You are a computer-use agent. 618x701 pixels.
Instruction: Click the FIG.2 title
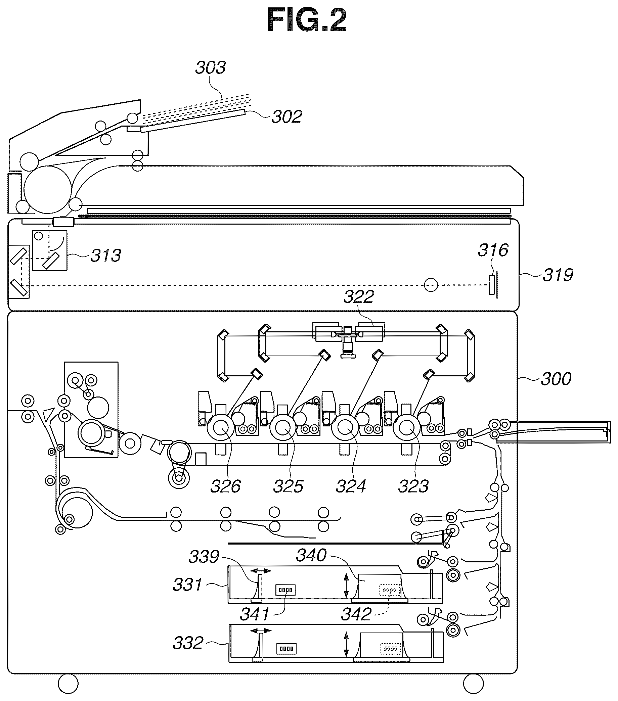(x=307, y=20)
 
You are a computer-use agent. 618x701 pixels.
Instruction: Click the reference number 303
(x=210, y=67)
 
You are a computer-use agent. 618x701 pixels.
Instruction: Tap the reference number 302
(x=287, y=116)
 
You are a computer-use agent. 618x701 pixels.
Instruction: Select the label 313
(x=106, y=255)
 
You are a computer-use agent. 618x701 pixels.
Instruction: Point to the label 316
(x=493, y=250)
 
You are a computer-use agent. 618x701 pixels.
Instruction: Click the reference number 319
(x=558, y=275)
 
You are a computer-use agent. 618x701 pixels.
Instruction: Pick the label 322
(x=359, y=297)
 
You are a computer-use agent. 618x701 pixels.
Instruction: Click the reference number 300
(x=556, y=379)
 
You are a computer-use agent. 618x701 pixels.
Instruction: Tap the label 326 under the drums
(x=226, y=486)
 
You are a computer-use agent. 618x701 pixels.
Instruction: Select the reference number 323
(x=413, y=486)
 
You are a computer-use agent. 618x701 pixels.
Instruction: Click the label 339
(x=204, y=557)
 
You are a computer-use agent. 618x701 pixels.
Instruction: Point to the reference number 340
(x=312, y=555)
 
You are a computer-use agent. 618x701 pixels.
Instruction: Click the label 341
(x=255, y=614)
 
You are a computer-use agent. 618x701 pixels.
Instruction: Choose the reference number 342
(x=356, y=614)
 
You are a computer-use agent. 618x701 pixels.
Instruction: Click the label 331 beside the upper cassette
(x=188, y=585)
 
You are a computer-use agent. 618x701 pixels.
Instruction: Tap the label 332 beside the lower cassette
(x=188, y=643)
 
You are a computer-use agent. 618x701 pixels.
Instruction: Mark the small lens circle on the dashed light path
(x=431, y=285)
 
